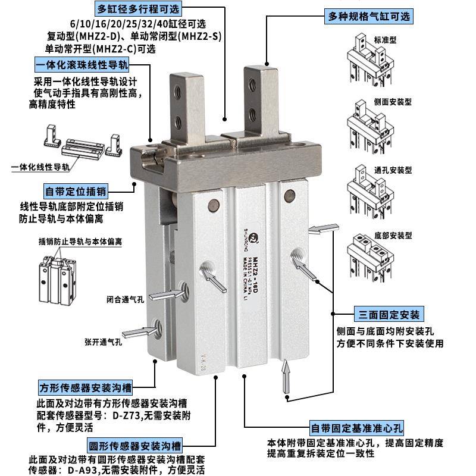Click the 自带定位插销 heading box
(x=76, y=192)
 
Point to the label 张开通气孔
(x=103, y=342)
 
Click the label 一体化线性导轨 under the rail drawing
(x=40, y=168)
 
